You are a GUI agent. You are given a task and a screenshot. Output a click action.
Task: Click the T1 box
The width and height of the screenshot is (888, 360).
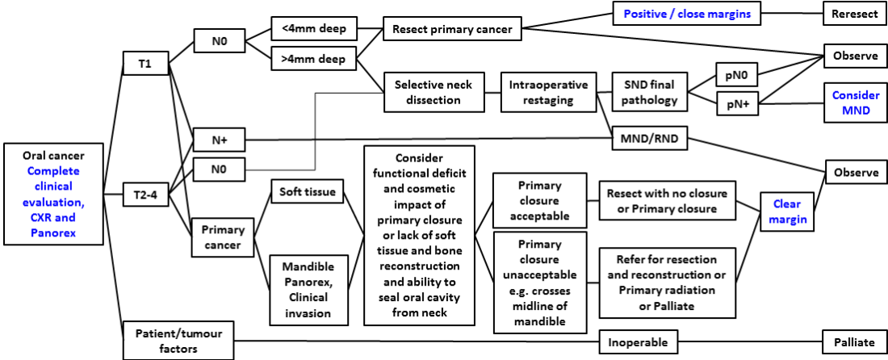pyautogui.click(x=145, y=64)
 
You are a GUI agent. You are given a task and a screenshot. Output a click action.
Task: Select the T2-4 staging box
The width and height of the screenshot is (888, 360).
pyautogui.click(x=145, y=194)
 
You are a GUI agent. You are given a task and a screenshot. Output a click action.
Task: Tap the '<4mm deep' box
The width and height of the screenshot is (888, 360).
pyautogui.click(x=313, y=30)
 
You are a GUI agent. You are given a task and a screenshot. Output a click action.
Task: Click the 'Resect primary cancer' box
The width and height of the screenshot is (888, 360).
pyautogui.click(x=452, y=30)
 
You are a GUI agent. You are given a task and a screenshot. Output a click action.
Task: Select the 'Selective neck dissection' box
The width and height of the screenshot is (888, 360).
pyautogui.click(x=434, y=92)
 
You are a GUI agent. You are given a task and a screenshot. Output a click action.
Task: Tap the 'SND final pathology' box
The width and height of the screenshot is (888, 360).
pyautogui.click(x=650, y=92)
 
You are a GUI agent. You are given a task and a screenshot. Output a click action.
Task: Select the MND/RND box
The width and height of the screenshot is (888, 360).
pyautogui.click(x=650, y=138)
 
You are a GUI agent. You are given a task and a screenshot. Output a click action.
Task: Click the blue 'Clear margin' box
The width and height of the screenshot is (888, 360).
pyautogui.click(x=787, y=211)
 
